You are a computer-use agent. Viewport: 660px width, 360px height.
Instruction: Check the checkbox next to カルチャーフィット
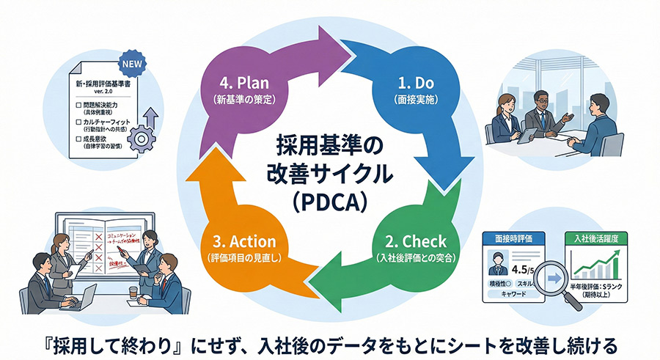[78, 122]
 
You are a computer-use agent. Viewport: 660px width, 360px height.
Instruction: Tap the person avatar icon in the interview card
[497, 260]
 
